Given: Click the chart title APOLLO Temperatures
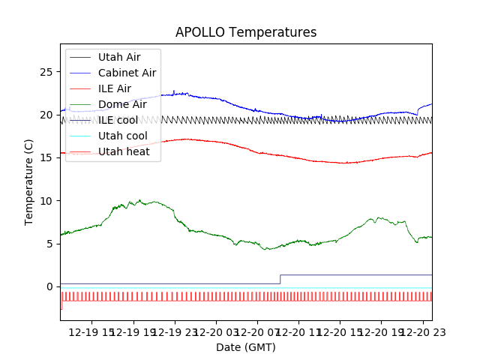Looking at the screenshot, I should pos(246,32).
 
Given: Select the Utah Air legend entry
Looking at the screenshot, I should pos(118,57).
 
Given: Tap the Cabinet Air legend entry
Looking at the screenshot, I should pos(127,73).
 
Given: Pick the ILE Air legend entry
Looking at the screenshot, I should pos(114,88).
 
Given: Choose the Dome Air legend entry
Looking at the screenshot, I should pos(122,104).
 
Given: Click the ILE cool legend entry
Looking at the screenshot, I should pos(118,120).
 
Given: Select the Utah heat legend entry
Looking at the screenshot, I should pos(124,151).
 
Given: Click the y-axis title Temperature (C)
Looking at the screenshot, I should pos(29,181).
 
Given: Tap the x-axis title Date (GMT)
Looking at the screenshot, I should pos(246,347).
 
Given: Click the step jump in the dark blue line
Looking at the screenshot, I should pos(280,279).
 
